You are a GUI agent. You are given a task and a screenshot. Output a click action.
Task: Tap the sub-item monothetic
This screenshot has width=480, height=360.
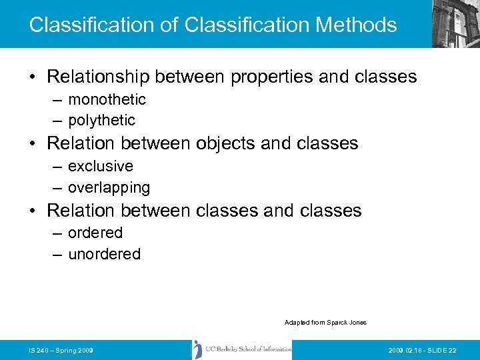click(x=107, y=99)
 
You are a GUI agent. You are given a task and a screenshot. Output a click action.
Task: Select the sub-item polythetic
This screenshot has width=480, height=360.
click(x=101, y=120)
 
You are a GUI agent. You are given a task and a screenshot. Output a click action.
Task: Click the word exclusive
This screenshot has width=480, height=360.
click(x=101, y=166)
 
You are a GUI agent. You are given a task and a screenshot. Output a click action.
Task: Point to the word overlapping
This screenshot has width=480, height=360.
click(x=109, y=187)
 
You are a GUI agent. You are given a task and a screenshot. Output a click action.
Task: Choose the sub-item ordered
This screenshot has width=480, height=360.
click(x=95, y=233)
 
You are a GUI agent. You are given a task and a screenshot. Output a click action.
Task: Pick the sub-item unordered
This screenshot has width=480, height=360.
click(x=104, y=254)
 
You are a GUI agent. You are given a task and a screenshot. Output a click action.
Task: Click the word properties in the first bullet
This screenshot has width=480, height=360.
click(x=272, y=77)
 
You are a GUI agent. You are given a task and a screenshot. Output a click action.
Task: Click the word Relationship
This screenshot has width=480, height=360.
click(x=98, y=77)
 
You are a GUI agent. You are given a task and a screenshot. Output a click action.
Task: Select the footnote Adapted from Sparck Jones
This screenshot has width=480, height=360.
click(x=325, y=323)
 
